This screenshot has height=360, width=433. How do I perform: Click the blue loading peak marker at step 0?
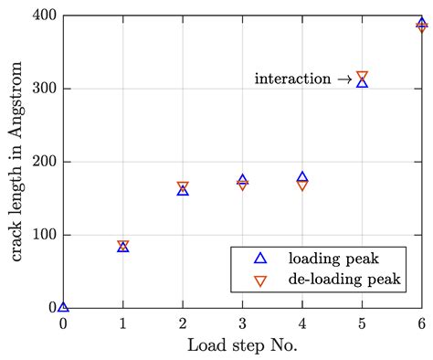tap(63, 306)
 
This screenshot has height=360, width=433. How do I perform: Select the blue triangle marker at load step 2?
tap(183, 190)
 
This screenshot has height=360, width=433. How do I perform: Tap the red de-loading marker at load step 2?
tap(183, 186)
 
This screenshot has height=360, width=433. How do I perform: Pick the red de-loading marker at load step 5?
tap(362, 77)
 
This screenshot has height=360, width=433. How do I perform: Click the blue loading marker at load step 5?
tap(362, 82)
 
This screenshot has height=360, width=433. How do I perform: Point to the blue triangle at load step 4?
tap(302, 177)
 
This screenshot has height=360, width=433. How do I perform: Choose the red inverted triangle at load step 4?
tap(302, 185)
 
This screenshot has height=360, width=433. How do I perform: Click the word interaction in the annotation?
tap(292, 79)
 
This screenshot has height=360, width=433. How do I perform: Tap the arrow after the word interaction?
tap(343, 79)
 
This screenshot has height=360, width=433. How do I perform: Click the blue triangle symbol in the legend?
tap(260, 259)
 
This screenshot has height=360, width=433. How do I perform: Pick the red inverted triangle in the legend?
tap(260, 281)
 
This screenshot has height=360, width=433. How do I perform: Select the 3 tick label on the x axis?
tap(242, 323)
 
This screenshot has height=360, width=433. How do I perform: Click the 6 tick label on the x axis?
tap(421, 323)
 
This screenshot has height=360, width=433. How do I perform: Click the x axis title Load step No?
tap(242, 346)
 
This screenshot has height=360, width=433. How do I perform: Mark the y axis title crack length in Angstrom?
tap(17, 162)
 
